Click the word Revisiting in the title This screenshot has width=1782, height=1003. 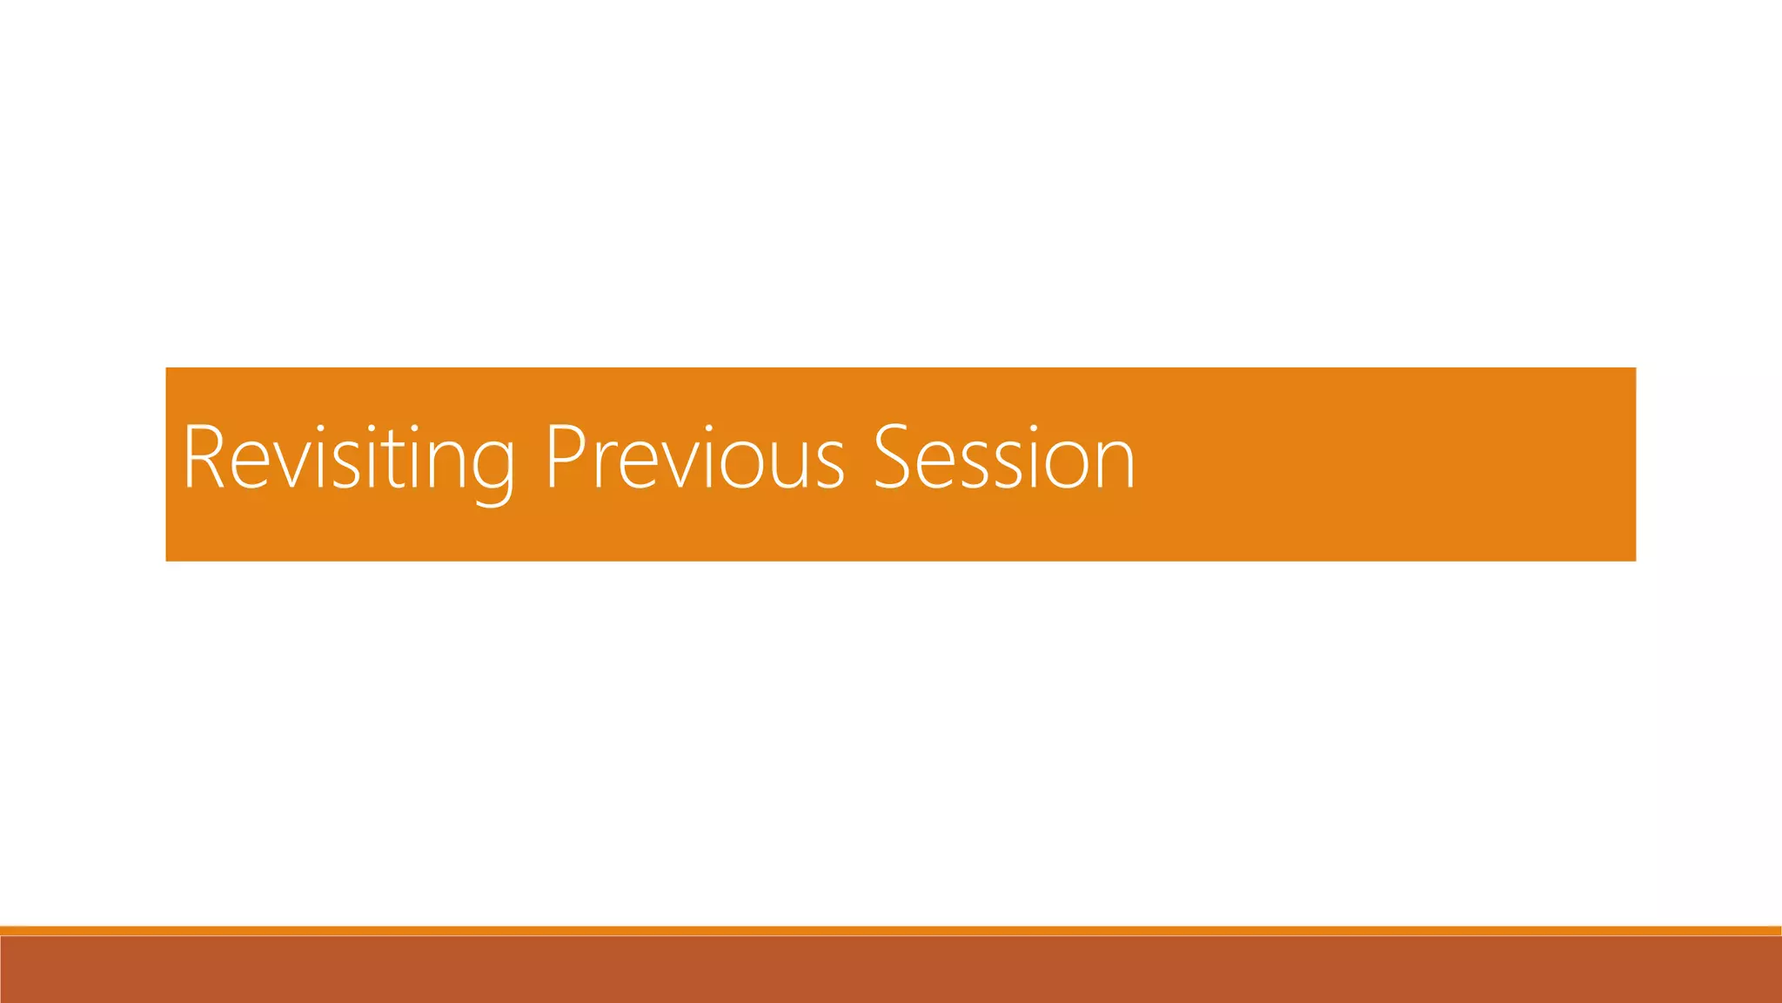point(348,459)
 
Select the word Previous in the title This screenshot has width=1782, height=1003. point(694,459)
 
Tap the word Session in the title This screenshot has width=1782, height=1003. point(1004,459)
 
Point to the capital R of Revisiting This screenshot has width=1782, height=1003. point(204,457)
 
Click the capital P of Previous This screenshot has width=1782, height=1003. point(566,457)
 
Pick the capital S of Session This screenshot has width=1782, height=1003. point(892,458)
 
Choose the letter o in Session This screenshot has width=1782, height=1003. point(1064,465)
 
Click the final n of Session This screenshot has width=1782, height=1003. point(1114,465)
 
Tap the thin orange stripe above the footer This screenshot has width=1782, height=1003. point(891,931)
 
